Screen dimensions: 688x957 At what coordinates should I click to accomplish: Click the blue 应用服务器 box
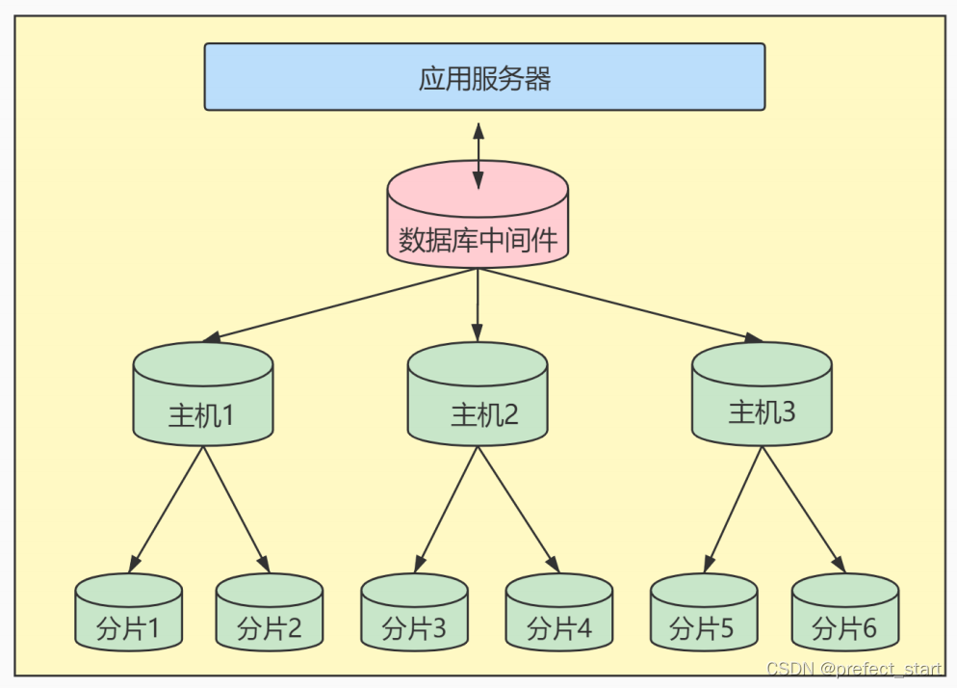point(484,77)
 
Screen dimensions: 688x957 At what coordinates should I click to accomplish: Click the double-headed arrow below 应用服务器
point(478,154)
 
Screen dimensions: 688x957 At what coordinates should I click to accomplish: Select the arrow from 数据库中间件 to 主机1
point(342,305)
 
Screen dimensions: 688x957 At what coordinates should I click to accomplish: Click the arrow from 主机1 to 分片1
point(167,509)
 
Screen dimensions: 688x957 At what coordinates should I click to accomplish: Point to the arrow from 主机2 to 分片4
point(518,509)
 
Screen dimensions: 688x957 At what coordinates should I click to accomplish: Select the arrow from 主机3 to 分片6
point(803,509)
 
